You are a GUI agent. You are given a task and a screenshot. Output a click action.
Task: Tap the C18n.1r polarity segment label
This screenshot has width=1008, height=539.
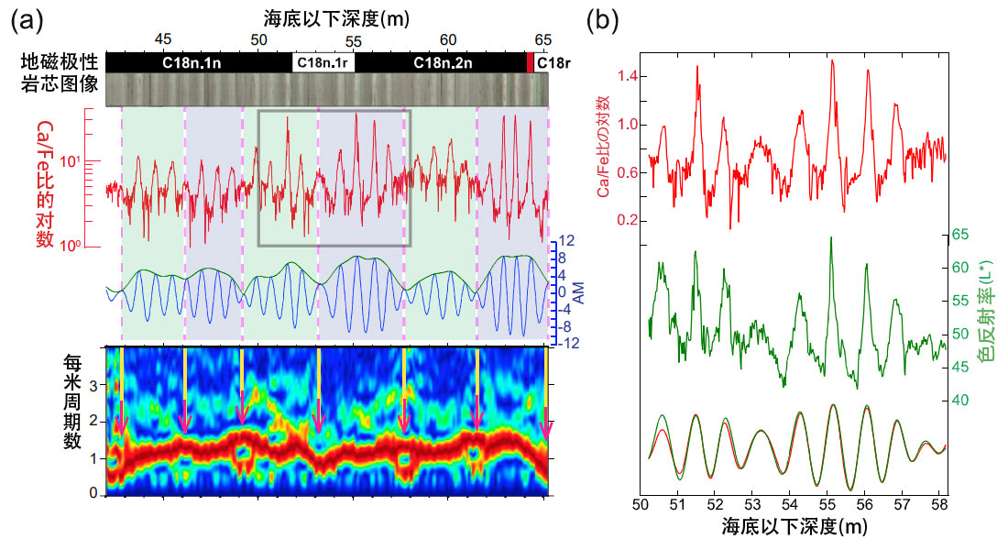pyautogui.click(x=323, y=62)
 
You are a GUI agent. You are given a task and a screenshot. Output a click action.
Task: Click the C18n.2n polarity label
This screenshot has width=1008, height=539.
pyautogui.click(x=443, y=62)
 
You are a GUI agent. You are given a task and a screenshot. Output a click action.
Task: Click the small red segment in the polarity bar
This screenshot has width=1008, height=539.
pyautogui.click(x=529, y=62)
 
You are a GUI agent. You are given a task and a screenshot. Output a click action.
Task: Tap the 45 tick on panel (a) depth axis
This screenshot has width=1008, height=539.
pyautogui.click(x=162, y=39)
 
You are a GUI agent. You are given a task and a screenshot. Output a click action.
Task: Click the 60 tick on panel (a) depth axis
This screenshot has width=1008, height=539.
pyautogui.click(x=448, y=39)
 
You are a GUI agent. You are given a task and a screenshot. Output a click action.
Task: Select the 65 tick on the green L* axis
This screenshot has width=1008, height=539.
pyautogui.click(x=959, y=235)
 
